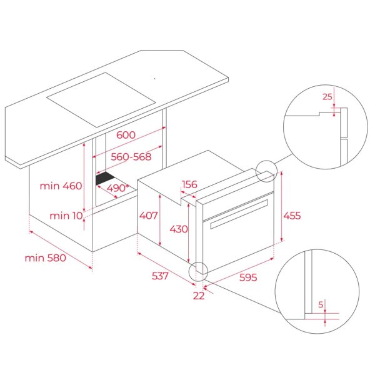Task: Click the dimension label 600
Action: pos(126,135)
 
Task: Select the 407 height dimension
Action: pos(149,215)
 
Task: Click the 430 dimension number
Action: pos(178,229)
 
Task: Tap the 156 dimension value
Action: pos(190,184)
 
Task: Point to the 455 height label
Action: pos(291,216)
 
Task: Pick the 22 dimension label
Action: pos(199,296)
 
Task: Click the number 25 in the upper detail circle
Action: pos(327,97)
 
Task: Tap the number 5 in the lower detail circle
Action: pos(321,305)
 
